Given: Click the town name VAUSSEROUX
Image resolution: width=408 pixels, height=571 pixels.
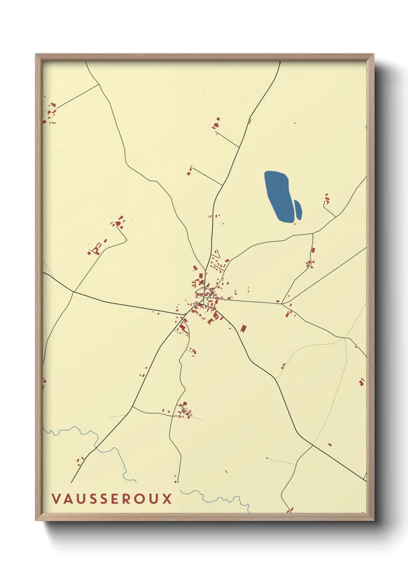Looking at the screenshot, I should pos(112,498).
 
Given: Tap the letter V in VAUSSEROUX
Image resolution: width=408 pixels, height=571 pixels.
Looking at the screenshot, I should pos(56,498).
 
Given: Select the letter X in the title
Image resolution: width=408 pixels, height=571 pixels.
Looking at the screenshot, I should pos(167,498).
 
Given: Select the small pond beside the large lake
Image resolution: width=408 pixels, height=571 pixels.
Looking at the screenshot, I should pos(298,210).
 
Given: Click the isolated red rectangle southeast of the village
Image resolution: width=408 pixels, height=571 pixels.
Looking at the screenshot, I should pos(243,328).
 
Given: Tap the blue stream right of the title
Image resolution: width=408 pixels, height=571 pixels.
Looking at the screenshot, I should pos(216,498).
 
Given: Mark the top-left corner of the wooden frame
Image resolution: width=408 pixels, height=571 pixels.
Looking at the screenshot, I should pos(36,54).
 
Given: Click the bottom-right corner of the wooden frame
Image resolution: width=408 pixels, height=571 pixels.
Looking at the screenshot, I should pos(373,520).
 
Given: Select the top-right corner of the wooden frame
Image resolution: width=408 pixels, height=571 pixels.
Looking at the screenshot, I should pos(373,54).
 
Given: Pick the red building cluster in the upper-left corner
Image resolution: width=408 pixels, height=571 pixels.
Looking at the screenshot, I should pos(51,112).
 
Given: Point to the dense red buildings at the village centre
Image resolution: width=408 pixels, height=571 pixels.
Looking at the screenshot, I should pos(204,293).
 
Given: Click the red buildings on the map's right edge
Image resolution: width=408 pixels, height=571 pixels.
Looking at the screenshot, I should pos(361,382).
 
